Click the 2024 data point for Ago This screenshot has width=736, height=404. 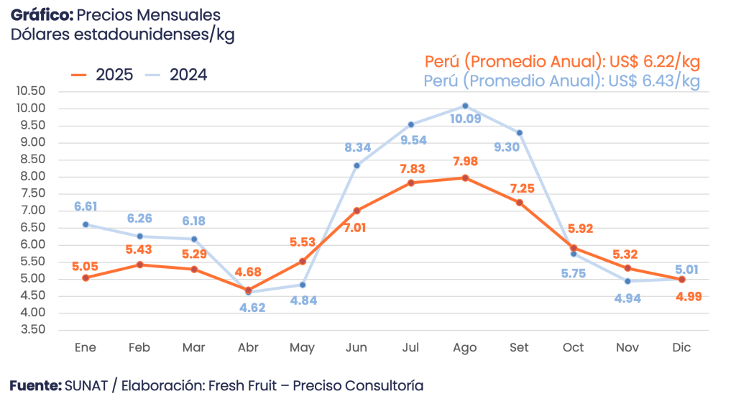pos(465,106)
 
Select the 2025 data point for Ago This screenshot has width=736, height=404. pos(465,178)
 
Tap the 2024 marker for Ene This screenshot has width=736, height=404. pos(86,224)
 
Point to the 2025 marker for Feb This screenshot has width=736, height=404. pos(139,264)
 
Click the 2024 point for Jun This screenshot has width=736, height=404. pos(356,165)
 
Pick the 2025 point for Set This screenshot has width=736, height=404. pos(519,202)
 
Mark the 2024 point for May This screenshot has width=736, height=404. pos(303,285)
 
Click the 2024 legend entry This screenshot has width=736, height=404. pos(176,75)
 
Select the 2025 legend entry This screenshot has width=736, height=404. pos(102,75)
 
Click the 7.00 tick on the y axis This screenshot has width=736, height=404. pos(32,211)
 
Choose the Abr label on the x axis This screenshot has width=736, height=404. pos(248,348)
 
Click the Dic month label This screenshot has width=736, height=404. pos(681,348)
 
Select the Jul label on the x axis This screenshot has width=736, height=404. pos(410,348)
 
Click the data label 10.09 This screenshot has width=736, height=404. pos(465,119)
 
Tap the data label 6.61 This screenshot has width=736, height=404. pos(86,207)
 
